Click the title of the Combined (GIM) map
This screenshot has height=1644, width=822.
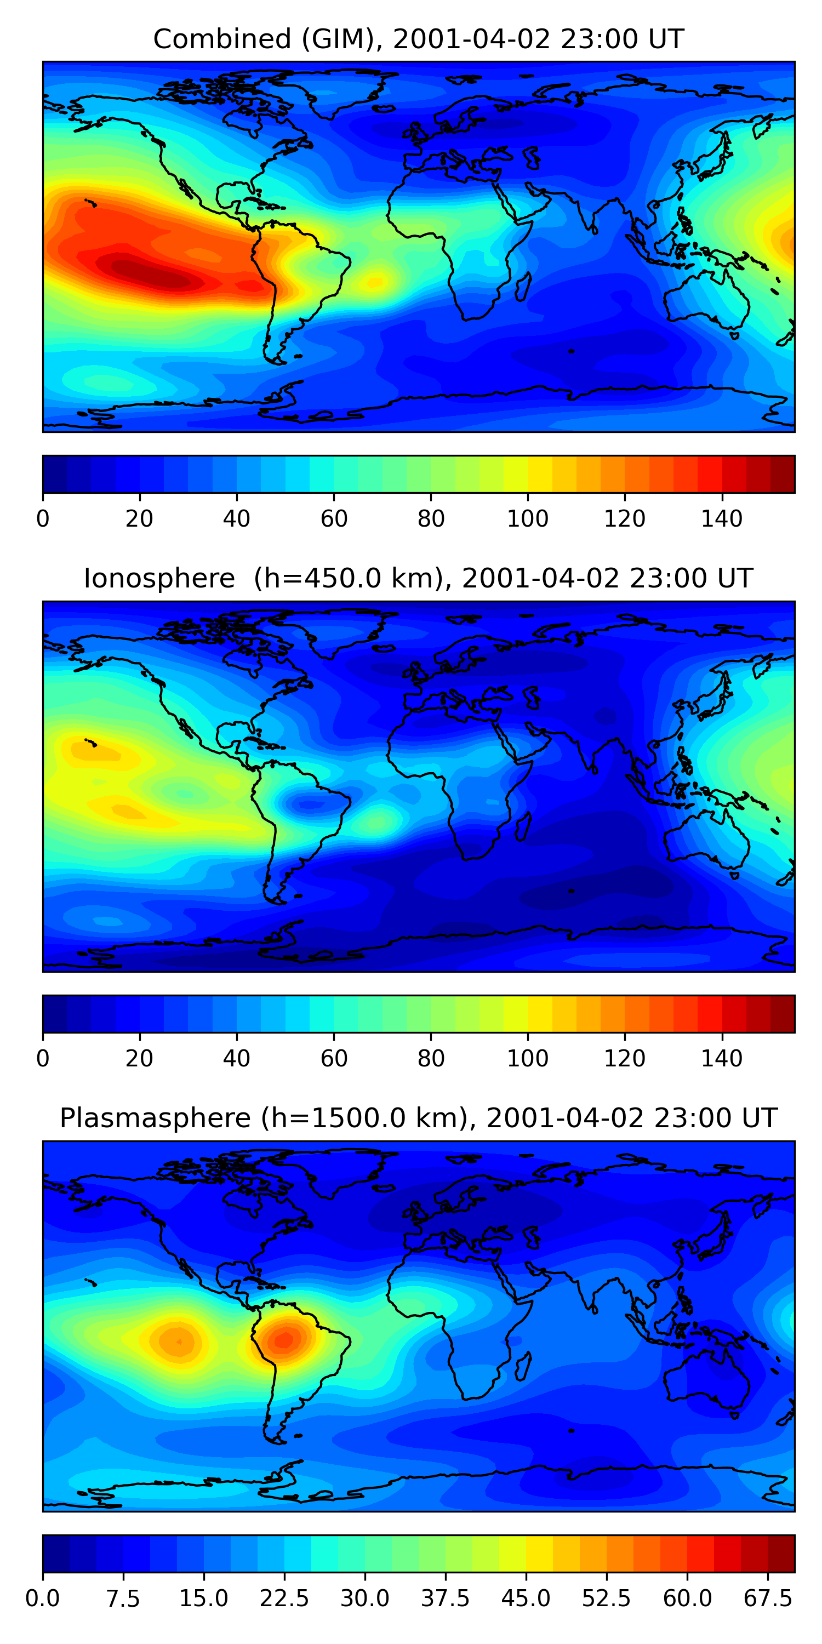click(418, 39)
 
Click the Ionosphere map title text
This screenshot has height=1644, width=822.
click(418, 579)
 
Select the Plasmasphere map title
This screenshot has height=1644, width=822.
click(418, 1118)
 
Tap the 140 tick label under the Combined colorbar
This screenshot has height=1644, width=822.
click(722, 519)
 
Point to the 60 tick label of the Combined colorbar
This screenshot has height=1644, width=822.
click(334, 519)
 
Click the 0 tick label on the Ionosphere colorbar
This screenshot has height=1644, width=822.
click(43, 1058)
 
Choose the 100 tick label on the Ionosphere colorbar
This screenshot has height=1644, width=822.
click(528, 1058)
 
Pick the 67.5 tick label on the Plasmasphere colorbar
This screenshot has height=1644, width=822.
click(768, 1598)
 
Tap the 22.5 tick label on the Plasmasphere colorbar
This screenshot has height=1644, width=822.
click(284, 1598)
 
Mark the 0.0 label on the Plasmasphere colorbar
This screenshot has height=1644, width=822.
click(43, 1598)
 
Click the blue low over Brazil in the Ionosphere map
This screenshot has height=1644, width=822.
click(310, 805)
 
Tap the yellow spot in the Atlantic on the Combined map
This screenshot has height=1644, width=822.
click(375, 281)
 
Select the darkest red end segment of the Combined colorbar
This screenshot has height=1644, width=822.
click(783, 474)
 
